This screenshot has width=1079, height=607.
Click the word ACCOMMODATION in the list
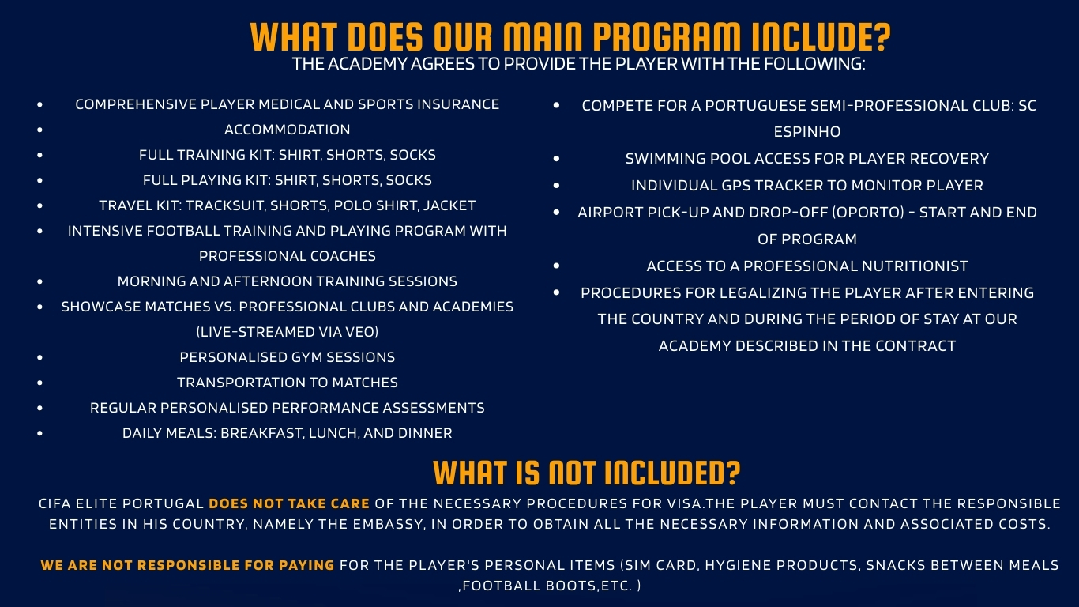tap(287, 130)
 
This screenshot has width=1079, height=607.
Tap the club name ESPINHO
tap(806, 132)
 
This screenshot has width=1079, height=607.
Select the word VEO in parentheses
tap(357, 332)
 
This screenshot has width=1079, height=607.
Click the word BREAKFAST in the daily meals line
tap(261, 433)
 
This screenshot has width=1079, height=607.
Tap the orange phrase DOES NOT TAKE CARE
tap(289, 503)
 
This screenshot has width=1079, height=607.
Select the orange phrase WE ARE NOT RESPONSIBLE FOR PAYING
tap(187, 565)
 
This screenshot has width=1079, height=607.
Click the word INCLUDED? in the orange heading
tap(672, 473)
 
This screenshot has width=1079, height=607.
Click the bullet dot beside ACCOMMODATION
tap(40, 130)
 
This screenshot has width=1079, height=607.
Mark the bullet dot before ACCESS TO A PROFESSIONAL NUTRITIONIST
tap(556, 266)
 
